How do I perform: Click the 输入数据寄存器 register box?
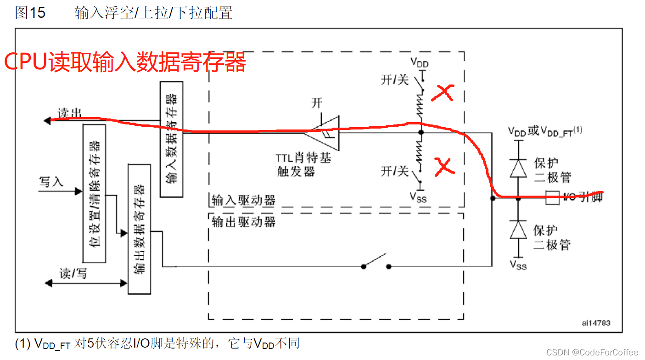coord(171,139)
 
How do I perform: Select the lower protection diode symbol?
coord(519,229)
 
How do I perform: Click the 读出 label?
coord(70,113)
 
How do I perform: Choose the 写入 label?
coord(51,182)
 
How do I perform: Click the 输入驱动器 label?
coord(243,200)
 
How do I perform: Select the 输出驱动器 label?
coord(243,222)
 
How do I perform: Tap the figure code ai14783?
coord(596,323)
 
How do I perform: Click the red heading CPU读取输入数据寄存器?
coord(125,62)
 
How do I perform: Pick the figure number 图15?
coord(30,13)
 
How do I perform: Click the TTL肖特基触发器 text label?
coord(303,165)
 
